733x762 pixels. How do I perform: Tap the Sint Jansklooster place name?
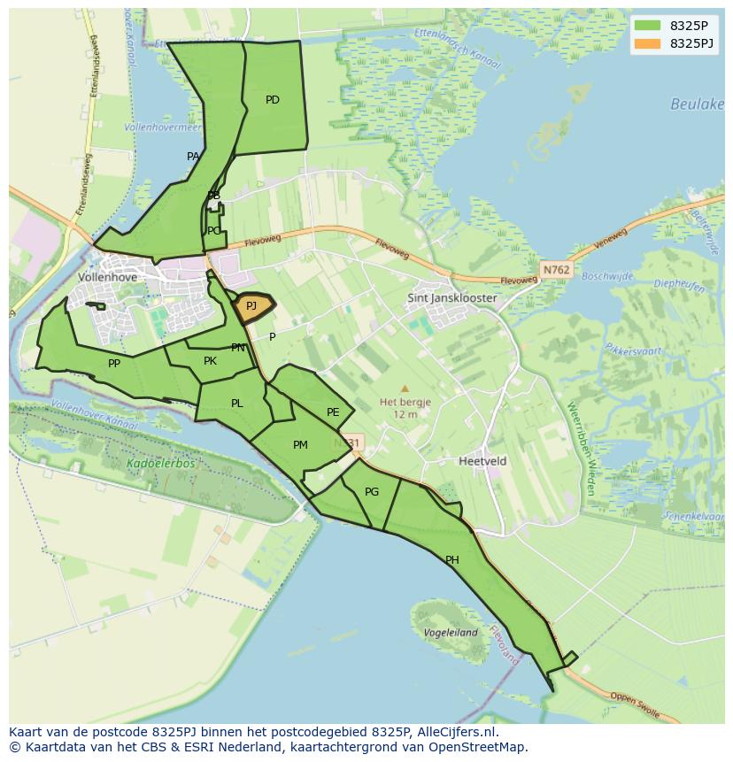coord(451,298)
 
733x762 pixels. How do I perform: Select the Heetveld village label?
coord(482,461)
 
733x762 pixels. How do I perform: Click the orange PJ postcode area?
coord(252,306)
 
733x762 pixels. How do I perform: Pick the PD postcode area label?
coord(273,100)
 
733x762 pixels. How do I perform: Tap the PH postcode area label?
coord(452,559)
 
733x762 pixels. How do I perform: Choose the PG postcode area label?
coord(372,492)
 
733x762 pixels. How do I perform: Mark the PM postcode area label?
coord(300,444)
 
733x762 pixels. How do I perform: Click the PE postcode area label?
coord(333,412)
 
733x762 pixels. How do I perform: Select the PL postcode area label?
coord(236,404)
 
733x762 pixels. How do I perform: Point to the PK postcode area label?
coord(210,361)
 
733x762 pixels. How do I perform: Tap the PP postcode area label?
coord(114,364)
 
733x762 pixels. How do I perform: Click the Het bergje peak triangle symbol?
coord(405,388)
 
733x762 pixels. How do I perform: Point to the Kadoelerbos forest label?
coord(160,463)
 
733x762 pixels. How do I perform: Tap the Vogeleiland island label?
coord(451,633)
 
